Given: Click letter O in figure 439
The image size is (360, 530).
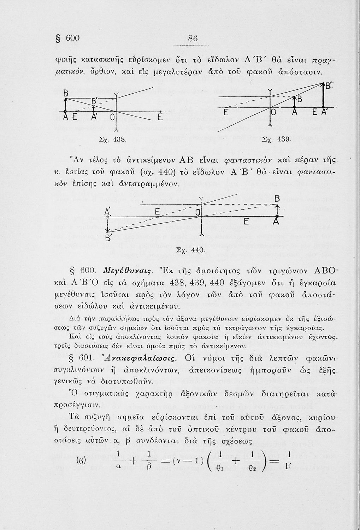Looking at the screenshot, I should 273,113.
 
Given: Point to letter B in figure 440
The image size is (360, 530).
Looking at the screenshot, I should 277,199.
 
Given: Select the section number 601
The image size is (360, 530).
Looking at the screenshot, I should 86,359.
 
